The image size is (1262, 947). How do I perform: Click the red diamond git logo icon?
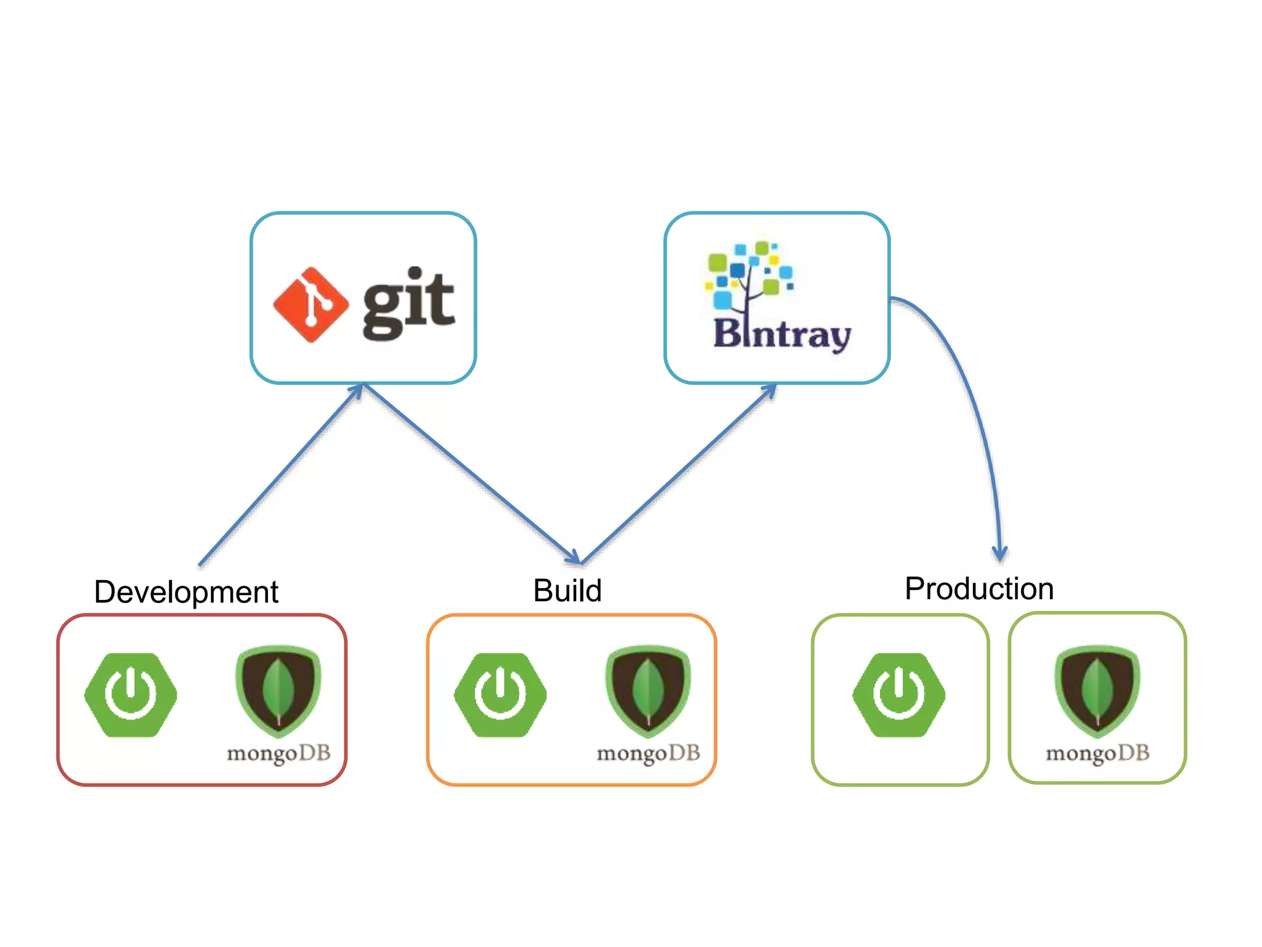point(311,305)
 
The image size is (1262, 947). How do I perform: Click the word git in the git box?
point(409,303)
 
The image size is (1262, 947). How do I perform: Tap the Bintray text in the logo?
point(782,335)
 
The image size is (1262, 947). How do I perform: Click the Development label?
point(186,592)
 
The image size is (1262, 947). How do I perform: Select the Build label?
point(567,591)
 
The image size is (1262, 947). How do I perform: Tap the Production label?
point(979,588)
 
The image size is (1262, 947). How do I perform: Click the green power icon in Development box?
point(131,695)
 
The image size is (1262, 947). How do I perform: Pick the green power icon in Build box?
point(500,695)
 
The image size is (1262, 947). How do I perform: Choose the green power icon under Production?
point(899,695)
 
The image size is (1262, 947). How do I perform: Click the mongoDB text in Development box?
point(279,753)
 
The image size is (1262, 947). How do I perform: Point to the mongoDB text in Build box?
point(648,753)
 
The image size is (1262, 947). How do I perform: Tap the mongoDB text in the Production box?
point(1097,753)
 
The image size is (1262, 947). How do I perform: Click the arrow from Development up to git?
point(280,475)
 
